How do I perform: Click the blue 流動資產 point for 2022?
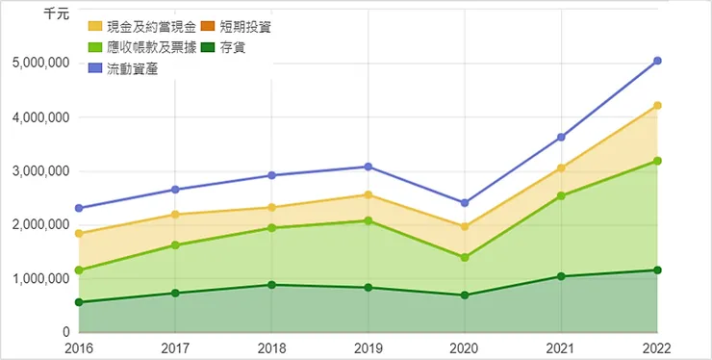coord(657,61)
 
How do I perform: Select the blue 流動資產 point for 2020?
coord(465,203)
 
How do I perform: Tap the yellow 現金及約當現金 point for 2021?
coord(561,168)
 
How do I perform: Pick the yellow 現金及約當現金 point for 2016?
coord(79,233)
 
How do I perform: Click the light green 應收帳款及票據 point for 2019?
coord(369,220)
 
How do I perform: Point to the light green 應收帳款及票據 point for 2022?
coord(657,161)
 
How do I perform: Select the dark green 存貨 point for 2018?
coord(272,285)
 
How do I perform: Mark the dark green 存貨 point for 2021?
coord(561,276)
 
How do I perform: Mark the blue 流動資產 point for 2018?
coord(272,175)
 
